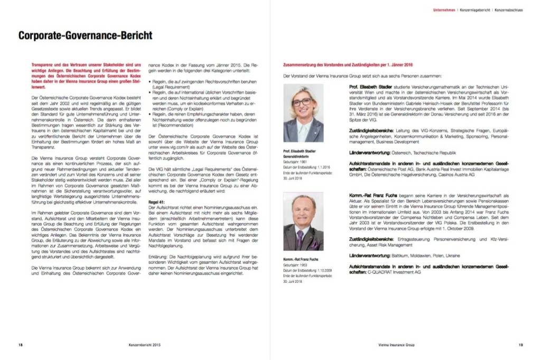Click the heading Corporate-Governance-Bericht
85,36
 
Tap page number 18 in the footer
20,345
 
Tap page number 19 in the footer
520,345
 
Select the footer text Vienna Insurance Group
396,345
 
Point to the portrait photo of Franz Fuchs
303,222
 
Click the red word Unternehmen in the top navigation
444,10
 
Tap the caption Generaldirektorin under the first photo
297,156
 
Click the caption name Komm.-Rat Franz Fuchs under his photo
301,259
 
